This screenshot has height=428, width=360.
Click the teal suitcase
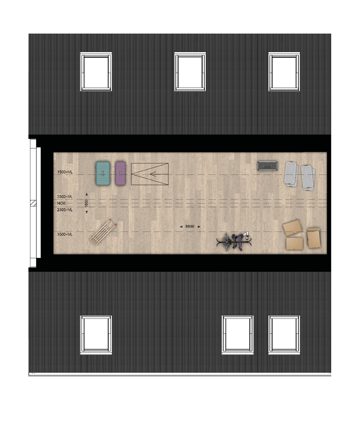pos(103,173)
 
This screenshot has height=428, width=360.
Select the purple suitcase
pos(120,173)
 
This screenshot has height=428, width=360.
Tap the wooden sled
pos(103,232)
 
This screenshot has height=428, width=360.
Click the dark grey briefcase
pos(267,166)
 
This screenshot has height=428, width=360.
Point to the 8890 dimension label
pos(190,227)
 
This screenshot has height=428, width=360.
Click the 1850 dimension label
pos(86,203)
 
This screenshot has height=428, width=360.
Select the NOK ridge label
pos(61,203)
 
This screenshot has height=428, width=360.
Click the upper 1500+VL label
pos(65,172)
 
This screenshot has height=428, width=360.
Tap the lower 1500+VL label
pos(65,234)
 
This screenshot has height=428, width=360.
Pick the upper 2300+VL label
pos(65,197)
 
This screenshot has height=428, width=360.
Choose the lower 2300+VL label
pos(65,210)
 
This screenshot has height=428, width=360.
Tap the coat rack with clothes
pos(234,242)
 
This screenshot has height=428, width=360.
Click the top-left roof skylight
pos(96,71)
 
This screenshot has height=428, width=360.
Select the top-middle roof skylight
pos(190,71)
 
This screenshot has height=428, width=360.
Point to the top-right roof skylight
pos(284,71)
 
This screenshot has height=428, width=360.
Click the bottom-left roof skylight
pos(96,335)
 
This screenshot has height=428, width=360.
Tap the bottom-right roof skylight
pos(284,335)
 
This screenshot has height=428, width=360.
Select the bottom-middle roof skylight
pos(237,335)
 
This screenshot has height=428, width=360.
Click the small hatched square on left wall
pos(33,203)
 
